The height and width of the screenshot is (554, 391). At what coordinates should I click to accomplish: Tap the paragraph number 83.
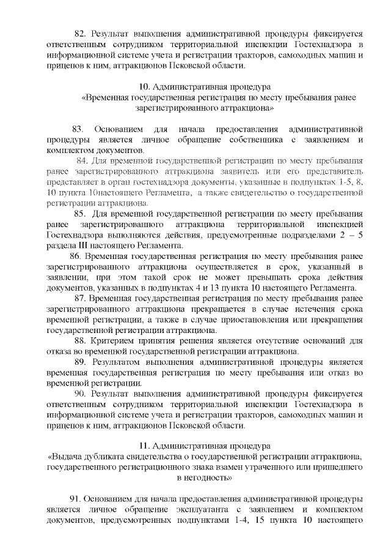78,129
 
